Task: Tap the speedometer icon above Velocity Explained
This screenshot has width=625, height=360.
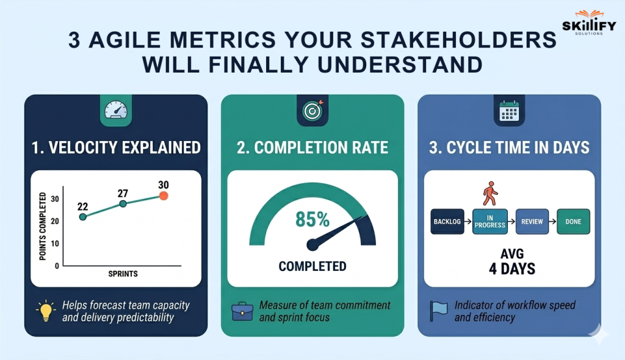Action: point(115,110)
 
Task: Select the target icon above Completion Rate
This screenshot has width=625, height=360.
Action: point(312,110)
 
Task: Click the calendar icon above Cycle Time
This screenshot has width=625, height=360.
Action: point(508,110)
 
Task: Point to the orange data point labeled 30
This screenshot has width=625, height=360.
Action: point(164,196)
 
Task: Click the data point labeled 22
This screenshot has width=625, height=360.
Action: point(83,217)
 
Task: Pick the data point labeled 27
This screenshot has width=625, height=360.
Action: point(123,203)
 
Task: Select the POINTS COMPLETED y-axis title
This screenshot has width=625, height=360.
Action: point(43,226)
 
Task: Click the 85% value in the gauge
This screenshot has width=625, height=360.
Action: point(312,219)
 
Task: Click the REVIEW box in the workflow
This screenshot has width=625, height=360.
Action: point(532,221)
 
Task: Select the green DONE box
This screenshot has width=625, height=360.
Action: point(573,221)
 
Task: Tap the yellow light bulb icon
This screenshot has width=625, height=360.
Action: point(45,311)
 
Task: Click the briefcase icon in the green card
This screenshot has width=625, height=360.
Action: point(242,311)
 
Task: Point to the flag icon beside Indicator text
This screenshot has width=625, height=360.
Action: point(438,311)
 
